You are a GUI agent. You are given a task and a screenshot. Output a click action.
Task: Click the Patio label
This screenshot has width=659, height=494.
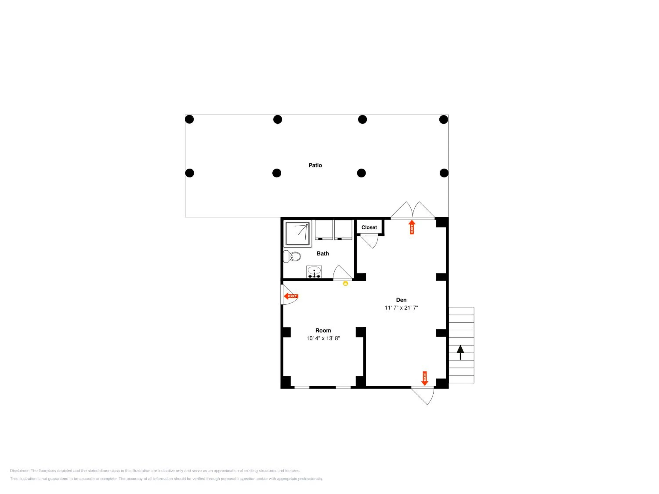click(x=315, y=165)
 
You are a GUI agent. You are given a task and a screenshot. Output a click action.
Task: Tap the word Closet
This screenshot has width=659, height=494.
click(x=369, y=227)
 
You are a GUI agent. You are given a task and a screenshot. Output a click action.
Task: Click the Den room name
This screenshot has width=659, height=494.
click(x=401, y=300)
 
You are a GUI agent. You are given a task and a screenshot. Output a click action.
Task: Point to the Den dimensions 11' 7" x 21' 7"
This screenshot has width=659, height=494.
click(x=401, y=308)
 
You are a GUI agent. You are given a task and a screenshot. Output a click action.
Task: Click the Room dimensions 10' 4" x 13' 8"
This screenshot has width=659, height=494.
click(x=323, y=338)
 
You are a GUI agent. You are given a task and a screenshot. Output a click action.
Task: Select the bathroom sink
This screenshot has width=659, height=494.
click(x=314, y=272)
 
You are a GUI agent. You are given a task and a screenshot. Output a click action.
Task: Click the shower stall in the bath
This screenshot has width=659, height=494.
click(x=297, y=234)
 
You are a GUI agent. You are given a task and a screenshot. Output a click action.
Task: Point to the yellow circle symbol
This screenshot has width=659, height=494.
click(x=346, y=283)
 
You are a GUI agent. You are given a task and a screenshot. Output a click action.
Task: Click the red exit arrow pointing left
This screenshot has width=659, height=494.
click(x=291, y=296)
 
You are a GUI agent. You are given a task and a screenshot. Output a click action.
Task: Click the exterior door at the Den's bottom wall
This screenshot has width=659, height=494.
click(x=423, y=396)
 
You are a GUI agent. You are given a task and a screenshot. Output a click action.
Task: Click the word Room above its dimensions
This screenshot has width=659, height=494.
click(x=323, y=330)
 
